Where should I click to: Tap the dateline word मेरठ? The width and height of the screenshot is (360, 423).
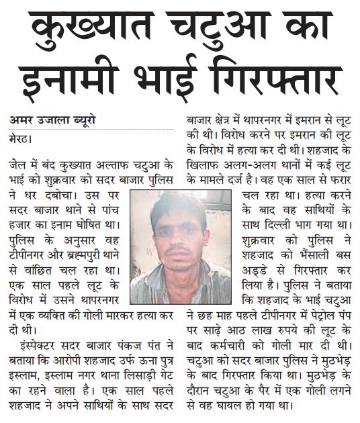(x=21, y=140)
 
